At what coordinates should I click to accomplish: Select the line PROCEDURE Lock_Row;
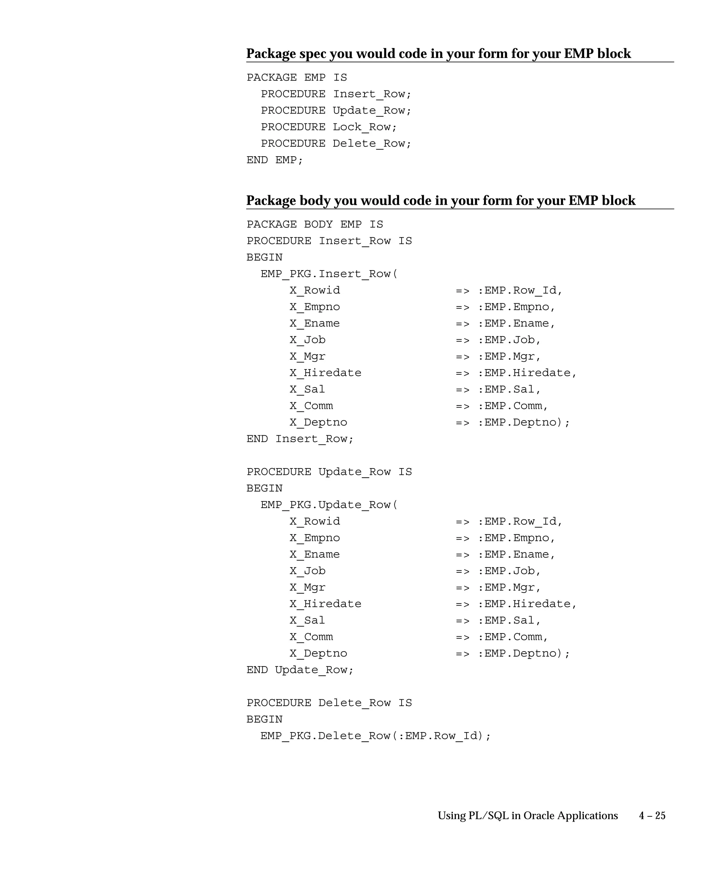pos(328,127)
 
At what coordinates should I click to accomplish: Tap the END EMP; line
pos(275,160)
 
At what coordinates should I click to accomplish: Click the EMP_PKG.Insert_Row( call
pos(329,274)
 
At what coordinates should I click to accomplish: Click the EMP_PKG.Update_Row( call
pos(329,505)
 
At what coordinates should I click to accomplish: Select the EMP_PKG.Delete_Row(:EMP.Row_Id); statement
pos(375,736)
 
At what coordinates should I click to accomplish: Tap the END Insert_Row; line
pos(300,439)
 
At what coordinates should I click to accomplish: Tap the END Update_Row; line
pos(300,670)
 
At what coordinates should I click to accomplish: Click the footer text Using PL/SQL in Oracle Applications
pos(527,816)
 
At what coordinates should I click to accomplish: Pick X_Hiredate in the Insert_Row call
pos(325,373)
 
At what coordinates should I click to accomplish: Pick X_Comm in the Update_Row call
pos(311,637)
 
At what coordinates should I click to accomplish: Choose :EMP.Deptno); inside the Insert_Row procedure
pos(524,422)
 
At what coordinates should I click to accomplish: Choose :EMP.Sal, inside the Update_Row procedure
pos(509,620)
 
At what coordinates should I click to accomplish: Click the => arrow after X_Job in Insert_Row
pos(462,340)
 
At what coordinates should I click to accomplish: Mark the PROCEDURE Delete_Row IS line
pos(329,702)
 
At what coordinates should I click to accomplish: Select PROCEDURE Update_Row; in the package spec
pos(336,111)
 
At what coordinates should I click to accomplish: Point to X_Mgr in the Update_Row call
pos(308,588)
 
